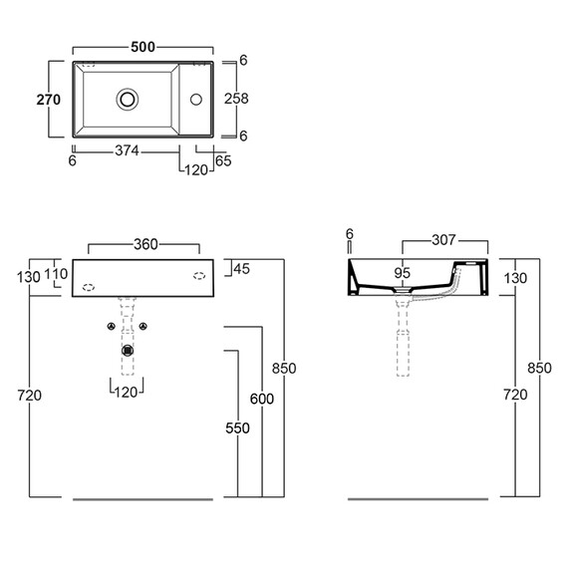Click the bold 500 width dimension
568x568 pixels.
point(142,47)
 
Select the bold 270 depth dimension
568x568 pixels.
point(49,100)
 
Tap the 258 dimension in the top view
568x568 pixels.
point(236,99)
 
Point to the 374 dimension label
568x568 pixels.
point(127,150)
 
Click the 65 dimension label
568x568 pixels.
point(223,160)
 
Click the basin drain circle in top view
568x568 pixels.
point(128,100)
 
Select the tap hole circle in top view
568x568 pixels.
point(196,100)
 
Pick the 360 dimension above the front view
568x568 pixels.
point(145,244)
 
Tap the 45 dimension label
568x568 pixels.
point(241,269)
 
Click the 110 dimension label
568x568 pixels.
point(56,274)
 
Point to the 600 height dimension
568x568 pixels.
point(262,399)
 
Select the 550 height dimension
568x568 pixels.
point(237,428)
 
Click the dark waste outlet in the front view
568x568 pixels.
point(128,351)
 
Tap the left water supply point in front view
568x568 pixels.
point(112,327)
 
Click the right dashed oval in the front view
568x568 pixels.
point(199,276)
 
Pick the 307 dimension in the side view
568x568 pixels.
point(443,240)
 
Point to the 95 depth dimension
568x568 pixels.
point(403,273)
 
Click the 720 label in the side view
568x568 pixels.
point(515,395)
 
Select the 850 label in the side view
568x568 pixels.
point(539,368)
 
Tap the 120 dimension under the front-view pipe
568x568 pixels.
point(127,392)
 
